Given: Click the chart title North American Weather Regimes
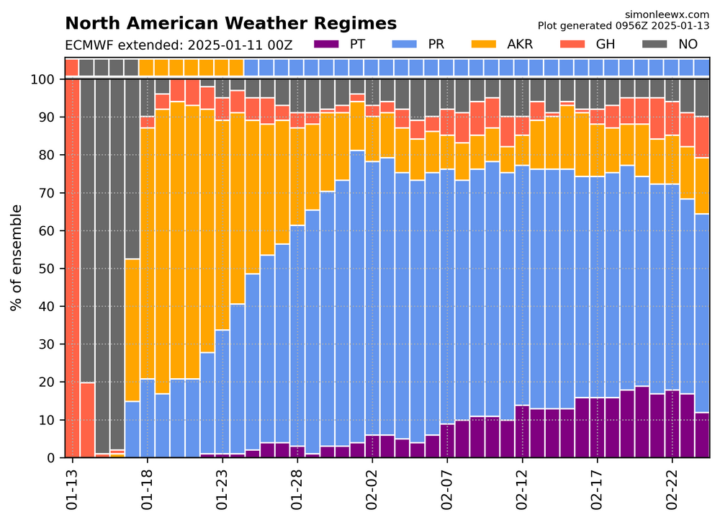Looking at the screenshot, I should pyautogui.click(x=230, y=24).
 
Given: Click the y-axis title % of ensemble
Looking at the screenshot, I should pyautogui.click(x=16, y=257).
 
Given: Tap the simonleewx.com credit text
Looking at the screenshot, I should pyautogui.click(x=668, y=14).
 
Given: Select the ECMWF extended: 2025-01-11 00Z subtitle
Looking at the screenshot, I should pyautogui.click(x=179, y=45).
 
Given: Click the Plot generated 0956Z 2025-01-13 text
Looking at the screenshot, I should pyautogui.click(x=624, y=24).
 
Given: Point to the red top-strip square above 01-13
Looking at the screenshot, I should pyautogui.click(x=72, y=68).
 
